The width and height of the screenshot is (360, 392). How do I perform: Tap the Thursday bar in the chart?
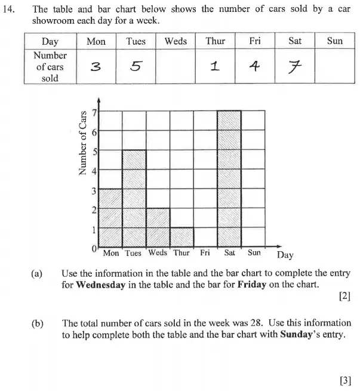(x=181, y=237)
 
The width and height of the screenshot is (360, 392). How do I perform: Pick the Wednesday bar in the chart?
(x=158, y=227)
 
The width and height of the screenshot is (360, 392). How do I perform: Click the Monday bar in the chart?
(x=110, y=217)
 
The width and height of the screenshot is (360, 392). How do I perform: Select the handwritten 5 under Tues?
(x=136, y=66)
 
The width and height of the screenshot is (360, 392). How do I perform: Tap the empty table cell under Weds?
(x=176, y=66)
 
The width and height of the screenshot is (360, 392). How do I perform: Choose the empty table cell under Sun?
(x=335, y=66)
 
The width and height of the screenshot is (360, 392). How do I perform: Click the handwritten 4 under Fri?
(x=255, y=66)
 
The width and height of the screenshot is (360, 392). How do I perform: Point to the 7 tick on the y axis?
(x=93, y=112)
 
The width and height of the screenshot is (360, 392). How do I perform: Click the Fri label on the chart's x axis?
(x=205, y=253)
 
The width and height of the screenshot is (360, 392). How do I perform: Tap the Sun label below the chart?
(x=254, y=253)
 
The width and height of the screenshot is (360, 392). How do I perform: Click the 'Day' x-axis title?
(x=285, y=255)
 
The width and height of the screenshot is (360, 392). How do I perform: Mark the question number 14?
(x=11, y=10)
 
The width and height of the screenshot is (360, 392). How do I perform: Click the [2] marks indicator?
(x=344, y=297)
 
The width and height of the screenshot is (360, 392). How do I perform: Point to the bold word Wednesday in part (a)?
(x=100, y=285)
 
